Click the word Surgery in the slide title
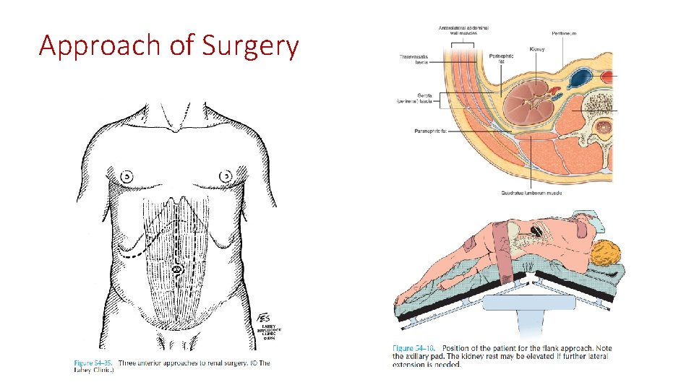coord(250,46)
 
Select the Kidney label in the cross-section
coord(536,49)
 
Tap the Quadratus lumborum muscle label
coord(531,192)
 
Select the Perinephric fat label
coord(500,57)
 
